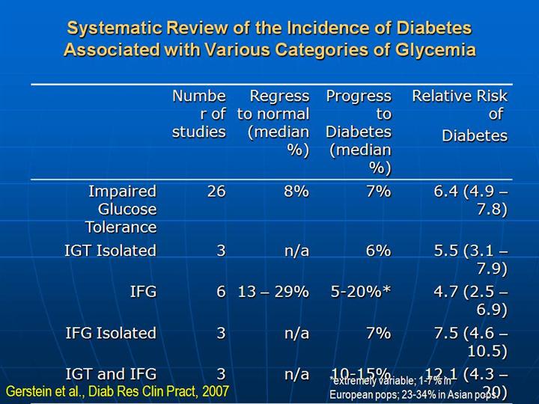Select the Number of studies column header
coord(198,114)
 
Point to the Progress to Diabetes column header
coord(359,131)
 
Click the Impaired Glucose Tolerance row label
coord(121,209)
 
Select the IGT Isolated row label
coord(110,251)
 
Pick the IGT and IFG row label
coord(112,373)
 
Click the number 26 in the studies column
coord(216,191)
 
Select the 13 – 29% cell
coord(273,292)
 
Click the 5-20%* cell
coord(361,292)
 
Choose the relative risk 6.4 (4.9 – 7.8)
coord(471,200)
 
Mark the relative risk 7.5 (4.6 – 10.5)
coord(471,342)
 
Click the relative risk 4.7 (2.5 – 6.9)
coord(471,301)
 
